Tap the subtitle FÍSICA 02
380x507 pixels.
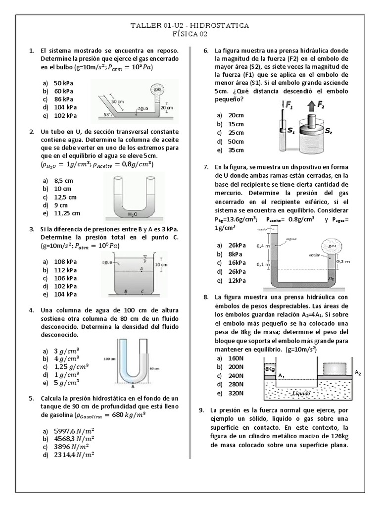tap(190, 34)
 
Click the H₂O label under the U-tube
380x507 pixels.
tap(132, 214)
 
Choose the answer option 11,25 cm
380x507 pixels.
tap(67, 213)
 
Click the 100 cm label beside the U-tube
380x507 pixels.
tap(109, 357)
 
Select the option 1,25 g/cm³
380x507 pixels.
tap(71, 366)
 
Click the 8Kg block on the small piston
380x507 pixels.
tap(270, 369)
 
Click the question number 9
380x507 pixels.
tap(200, 410)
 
